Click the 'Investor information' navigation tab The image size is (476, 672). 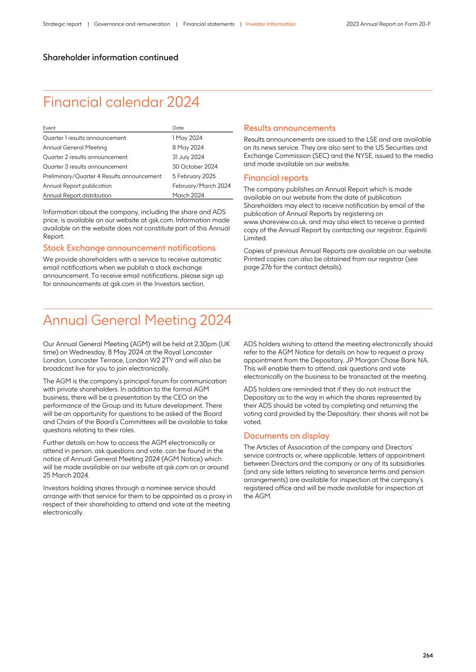click(x=271, y=24)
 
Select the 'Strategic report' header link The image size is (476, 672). click(x=62, y=24)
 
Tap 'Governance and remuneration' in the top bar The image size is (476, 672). click(x=132, y=24)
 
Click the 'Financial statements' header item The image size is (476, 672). click(x=209, y=24)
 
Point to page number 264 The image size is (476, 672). click(x=427, y=655)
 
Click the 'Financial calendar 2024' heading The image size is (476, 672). click(x=121, y=102)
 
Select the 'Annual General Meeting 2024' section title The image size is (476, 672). click(x=137, y=320)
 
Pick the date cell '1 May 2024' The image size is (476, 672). click(x=187, y=138)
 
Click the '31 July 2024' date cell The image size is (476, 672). click(x=188, y=157)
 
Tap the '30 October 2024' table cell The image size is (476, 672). click(x=195, y=166)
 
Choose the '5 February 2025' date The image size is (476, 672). click(x=194, y=176)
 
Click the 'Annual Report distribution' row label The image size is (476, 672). click(x=77, y=195)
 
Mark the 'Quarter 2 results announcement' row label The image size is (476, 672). click(x=85, y=157)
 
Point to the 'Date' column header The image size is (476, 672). click(x=178, y=128)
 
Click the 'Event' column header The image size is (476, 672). click(x=49, y=128)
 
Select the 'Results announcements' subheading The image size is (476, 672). click(x=289, y=128)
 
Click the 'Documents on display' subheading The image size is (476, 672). click(x=286, y=436)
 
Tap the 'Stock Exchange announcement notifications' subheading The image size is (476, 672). click(x=129, y=248)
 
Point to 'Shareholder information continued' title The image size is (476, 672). click(x=110, y=58)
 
